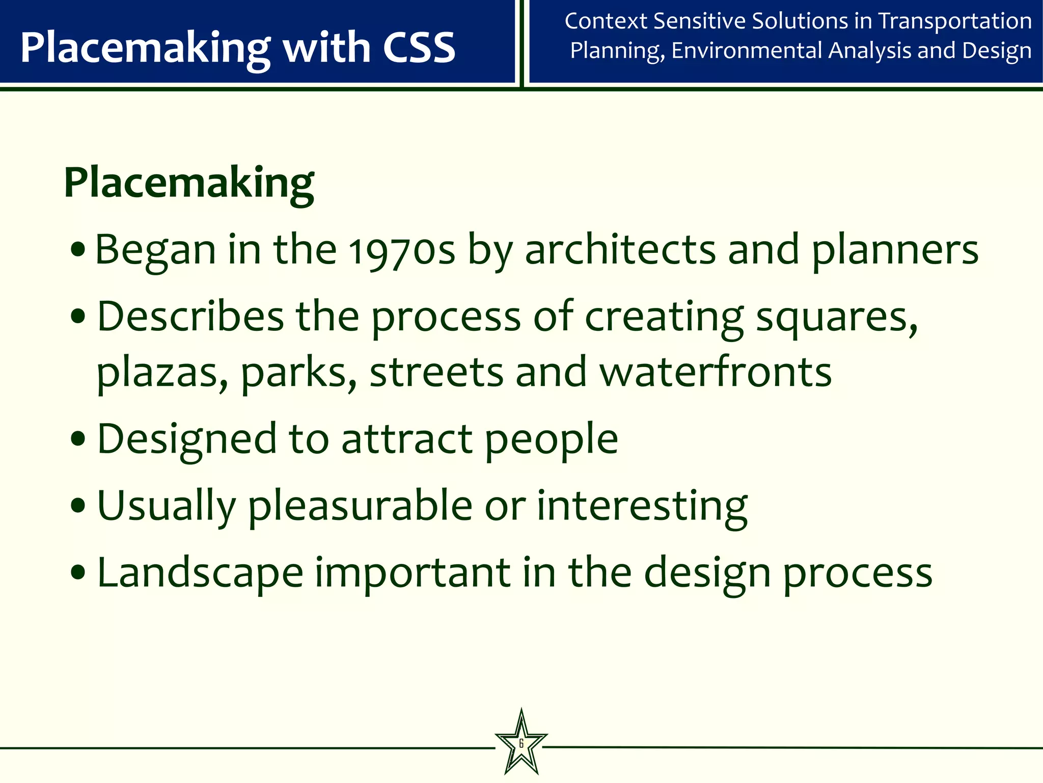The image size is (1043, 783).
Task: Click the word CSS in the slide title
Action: click(x=419, y=47)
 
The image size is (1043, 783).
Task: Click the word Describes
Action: click(x=190, y=317)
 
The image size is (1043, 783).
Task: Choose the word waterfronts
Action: click(x=715, y=372)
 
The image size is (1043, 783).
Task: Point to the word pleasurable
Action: click(x=361, y=506)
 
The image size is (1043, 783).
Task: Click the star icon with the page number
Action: click(x=521, y=743)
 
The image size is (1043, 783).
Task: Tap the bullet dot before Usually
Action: click(x=78, y=505)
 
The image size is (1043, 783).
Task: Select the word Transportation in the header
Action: click(x=955, y=21)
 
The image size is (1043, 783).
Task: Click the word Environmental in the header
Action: click(x=747, y=51)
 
